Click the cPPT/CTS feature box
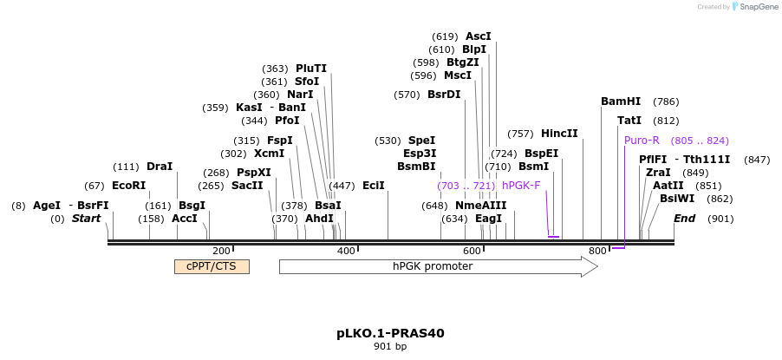click(x=212, y=266)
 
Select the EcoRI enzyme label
click(x=128, y=186)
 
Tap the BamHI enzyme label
click(x=621, y=101)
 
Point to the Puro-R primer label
click(x=642, y=141)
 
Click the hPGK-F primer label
click(x=520, y=186)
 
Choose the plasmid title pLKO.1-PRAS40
click(x=390, y=333)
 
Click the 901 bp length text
click(x=390, y=347)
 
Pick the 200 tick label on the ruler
click(x=221, y=251)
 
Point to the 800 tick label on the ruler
click(x=596, y=251)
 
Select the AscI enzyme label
click(x=478, y=36)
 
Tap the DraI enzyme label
click(x=160, y=167)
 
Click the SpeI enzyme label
click(x=421, y=141)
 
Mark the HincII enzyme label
click(x=559, y=134)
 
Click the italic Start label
click(x=86, y=219)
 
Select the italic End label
click(x=684, y=219)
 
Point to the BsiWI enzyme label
click(x=677, y=199)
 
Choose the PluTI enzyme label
click(x=311, y=69)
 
